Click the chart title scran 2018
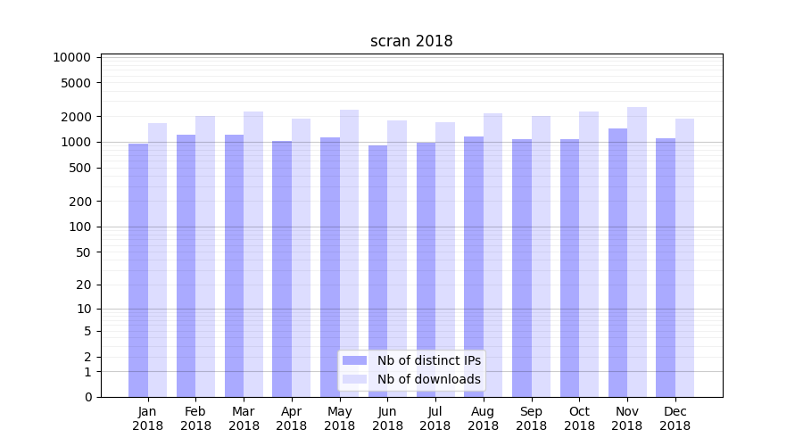[411, 42]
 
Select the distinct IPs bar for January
[138, 269]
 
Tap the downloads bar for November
[637, 252]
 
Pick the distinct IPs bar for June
[377, 270]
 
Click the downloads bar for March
[253, 254]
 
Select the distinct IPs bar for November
[617, 262]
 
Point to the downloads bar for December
[684, 258]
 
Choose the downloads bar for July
[445, 260]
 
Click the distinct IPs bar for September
[522, 268]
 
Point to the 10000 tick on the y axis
[72, 57]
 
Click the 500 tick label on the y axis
[80, 168]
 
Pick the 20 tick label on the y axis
[84, 285]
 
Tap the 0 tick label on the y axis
[87, 397]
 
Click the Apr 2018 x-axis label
[292, 418]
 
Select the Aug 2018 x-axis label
[484, 418]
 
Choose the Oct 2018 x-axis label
[579, 418]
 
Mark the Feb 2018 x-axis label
[195, 418]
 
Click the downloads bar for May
[349, 253]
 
